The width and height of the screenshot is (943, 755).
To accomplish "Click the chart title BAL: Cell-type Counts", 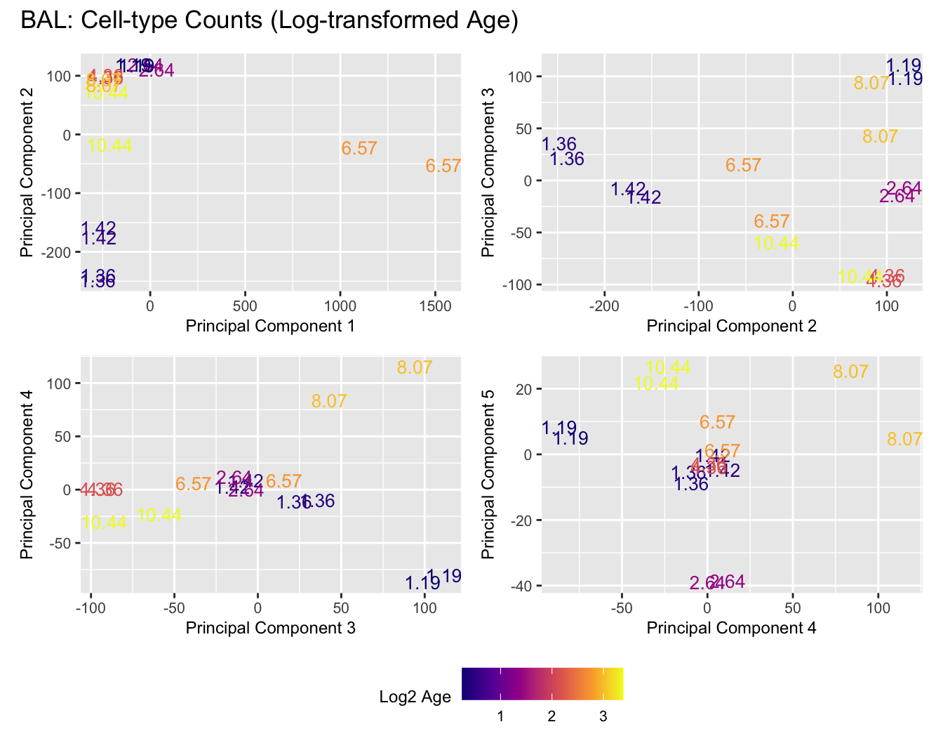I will tap(269, 21).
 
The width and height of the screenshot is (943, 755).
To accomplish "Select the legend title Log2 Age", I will tap(415, 697).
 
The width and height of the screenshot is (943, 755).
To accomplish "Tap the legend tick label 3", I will tap(603, 717).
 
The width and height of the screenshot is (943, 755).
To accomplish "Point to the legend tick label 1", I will tap(500, 717).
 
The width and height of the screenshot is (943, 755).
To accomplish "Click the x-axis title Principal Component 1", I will tap(269, 326).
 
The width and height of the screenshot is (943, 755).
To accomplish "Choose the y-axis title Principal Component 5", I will tap(489, 475).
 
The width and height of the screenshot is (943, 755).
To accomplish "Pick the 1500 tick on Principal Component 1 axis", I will tap(435, 306).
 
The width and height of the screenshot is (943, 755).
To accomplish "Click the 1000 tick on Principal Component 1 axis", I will tap(340, 306).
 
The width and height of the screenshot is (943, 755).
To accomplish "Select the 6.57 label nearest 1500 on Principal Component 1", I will tap(443, 166).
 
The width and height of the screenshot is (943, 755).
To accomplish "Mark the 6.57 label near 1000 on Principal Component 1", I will tap(359, 149).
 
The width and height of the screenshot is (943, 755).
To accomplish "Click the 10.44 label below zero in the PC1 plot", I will tap(110, 146).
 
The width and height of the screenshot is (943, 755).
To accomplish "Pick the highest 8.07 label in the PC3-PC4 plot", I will tap(415, 367).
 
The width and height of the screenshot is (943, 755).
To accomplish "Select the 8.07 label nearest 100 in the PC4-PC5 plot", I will tap(904, 440).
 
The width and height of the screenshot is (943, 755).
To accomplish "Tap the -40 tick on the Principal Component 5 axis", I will tap(523, 586).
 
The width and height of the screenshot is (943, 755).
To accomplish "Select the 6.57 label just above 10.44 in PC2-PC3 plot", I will tap(772, 222).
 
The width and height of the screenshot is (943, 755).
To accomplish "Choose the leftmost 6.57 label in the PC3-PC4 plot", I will tap(194, 485).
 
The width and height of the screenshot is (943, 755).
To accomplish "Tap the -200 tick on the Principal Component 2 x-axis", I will tap(605, 306).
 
